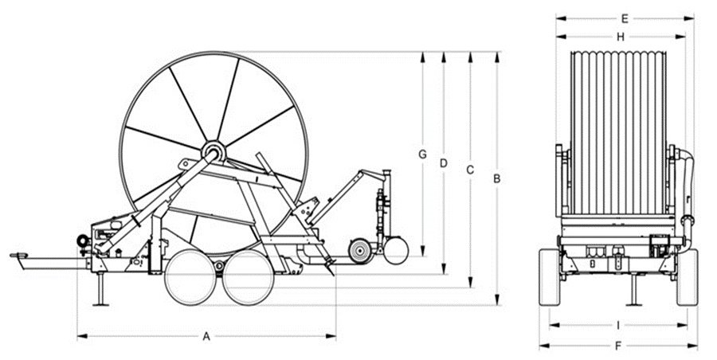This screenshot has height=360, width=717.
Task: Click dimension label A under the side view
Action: point(206,337)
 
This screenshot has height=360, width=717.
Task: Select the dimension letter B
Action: point(497,179)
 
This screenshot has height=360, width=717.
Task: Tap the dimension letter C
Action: point(470,170)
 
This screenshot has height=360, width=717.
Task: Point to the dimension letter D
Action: point(443,162)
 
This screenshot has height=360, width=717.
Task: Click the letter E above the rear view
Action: point(625,19)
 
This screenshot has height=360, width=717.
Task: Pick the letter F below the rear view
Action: point(618,346)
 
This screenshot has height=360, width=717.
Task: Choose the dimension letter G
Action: point(422,155)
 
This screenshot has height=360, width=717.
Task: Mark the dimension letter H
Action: point(621,37)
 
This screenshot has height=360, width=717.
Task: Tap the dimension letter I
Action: point(618,325)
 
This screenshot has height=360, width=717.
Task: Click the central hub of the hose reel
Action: point(214,151)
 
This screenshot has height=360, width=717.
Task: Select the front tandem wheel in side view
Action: point(190,278)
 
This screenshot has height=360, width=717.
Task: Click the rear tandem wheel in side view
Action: point(249,278)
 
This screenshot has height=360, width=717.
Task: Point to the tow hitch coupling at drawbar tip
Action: point(19,256)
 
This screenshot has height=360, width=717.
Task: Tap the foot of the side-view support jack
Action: point(100,303)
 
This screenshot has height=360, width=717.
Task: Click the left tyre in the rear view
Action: point(550,277)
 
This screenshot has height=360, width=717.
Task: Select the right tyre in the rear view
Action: point(688,277)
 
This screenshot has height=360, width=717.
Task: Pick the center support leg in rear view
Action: point(633,290)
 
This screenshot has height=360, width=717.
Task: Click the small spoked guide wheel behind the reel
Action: point(360,251)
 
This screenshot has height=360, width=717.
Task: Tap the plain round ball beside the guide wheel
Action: point(396,251)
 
